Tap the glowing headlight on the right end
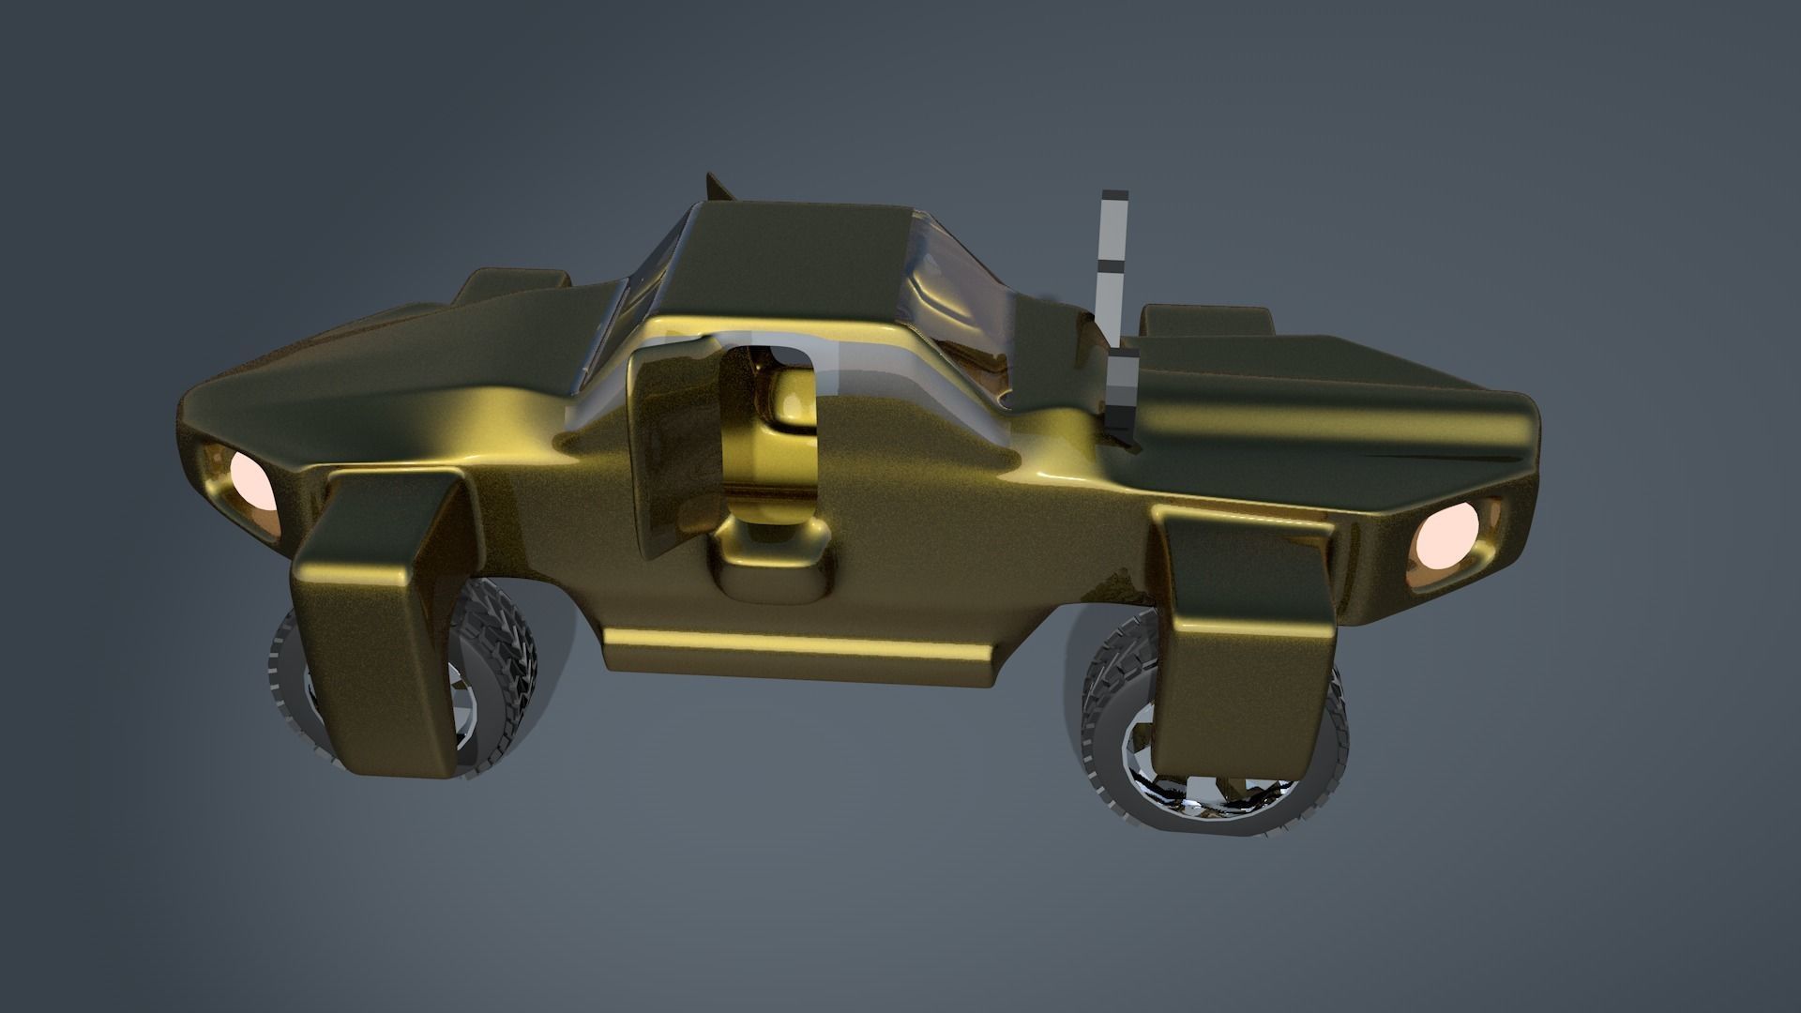tap(1445, 542)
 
